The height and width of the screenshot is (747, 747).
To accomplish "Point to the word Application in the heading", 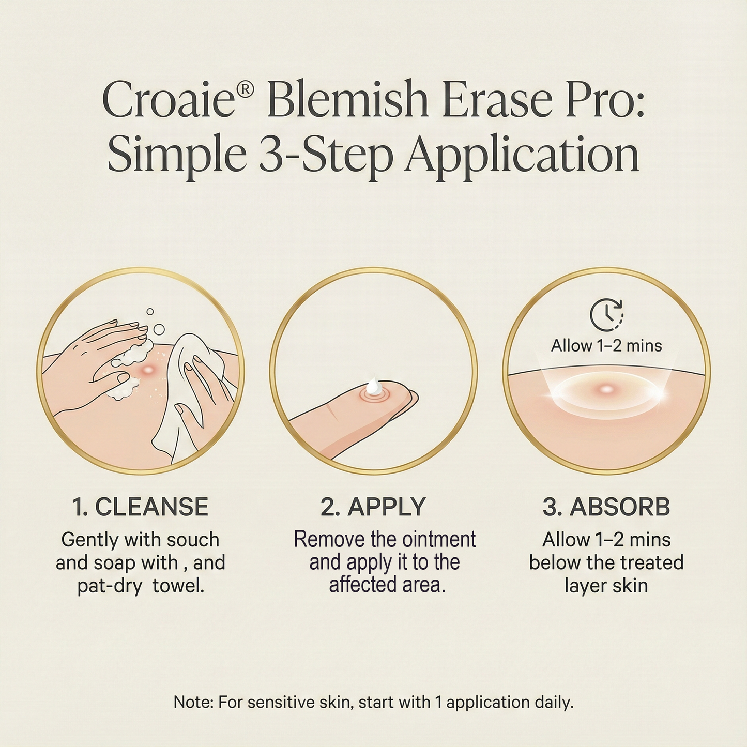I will [522, 155].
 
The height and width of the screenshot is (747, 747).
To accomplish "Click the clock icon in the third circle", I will [606, 314].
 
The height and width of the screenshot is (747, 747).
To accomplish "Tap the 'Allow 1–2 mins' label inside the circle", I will [606, 345].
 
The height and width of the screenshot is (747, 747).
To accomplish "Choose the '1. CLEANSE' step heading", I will [140, 507].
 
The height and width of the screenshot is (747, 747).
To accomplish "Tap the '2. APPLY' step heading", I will [373, 507].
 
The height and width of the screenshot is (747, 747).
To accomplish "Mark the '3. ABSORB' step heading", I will [606, 507].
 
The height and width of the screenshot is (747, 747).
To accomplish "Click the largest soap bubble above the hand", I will [159, 329].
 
